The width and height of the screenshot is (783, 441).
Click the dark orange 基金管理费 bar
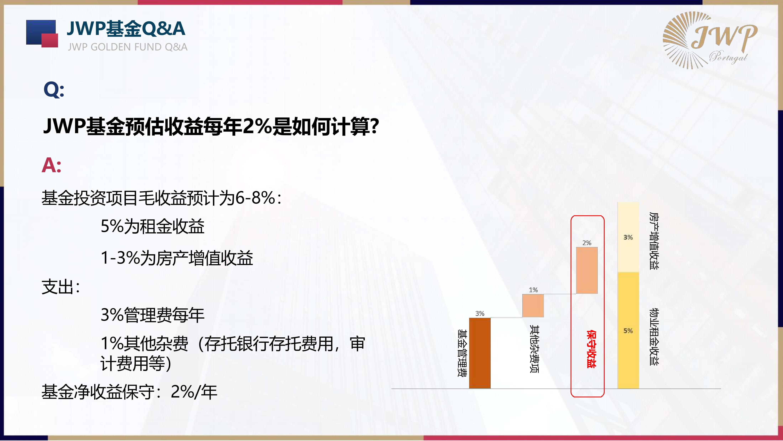click(x=480, y=353)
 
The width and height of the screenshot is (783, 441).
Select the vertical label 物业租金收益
click(x=654, y=337)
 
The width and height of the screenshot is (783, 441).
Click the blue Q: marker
click(x=54, y=90)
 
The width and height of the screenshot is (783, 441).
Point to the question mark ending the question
click(x=374, y=126)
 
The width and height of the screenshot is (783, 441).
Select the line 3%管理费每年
click(x=152, y=315)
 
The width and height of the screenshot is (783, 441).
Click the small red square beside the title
click(x=49, y=40)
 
